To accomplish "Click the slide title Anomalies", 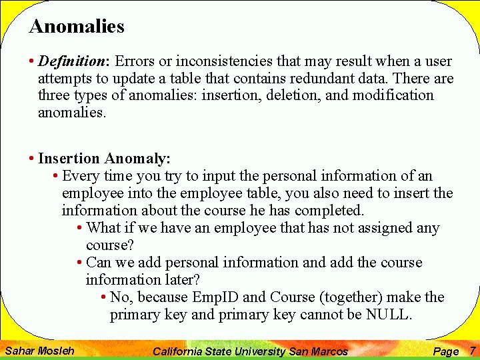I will click(77, 27).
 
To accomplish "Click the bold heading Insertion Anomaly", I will click(104, 159).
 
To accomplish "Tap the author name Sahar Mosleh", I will click(39, 350).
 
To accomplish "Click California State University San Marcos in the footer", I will click(250, 351).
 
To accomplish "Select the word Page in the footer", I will click(445, 351).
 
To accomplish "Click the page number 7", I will click(472, 350).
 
